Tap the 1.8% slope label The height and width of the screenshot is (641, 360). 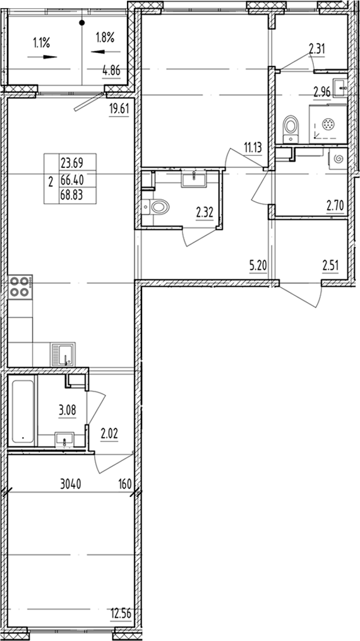point(104,38)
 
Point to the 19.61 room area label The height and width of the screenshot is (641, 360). point(119,108)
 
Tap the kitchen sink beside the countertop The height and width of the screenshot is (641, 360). point(63,353)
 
